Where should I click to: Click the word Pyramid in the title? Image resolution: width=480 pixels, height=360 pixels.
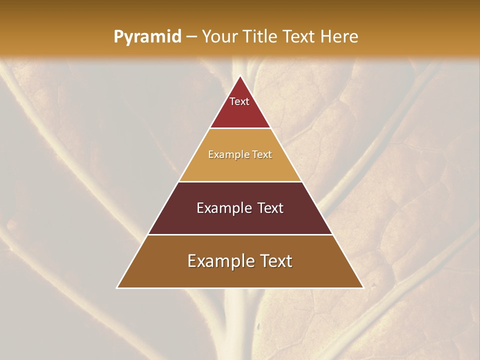click(x=147, y=37)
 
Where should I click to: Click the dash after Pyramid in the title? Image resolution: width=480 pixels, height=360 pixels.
click(x=191, y=37)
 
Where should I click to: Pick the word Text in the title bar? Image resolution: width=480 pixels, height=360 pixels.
click(x=299, y=36)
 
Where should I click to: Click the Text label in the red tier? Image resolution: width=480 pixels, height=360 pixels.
click(x=239, y=101)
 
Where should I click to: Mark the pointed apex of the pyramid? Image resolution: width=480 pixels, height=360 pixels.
click(x=240, y=76)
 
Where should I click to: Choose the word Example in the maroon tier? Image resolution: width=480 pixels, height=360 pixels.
click(x=222, y=208)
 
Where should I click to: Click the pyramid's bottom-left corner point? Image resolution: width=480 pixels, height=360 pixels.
click(x=117, y=288)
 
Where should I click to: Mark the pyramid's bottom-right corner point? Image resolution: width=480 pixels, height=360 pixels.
click(x=363, y=288)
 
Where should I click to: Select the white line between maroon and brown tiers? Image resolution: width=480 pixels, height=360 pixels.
click(x=240, y=234)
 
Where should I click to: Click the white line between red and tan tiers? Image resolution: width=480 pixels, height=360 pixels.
click(x=240, y=128)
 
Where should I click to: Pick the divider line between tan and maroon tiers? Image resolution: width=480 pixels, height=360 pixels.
click(x=240, y=181)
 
